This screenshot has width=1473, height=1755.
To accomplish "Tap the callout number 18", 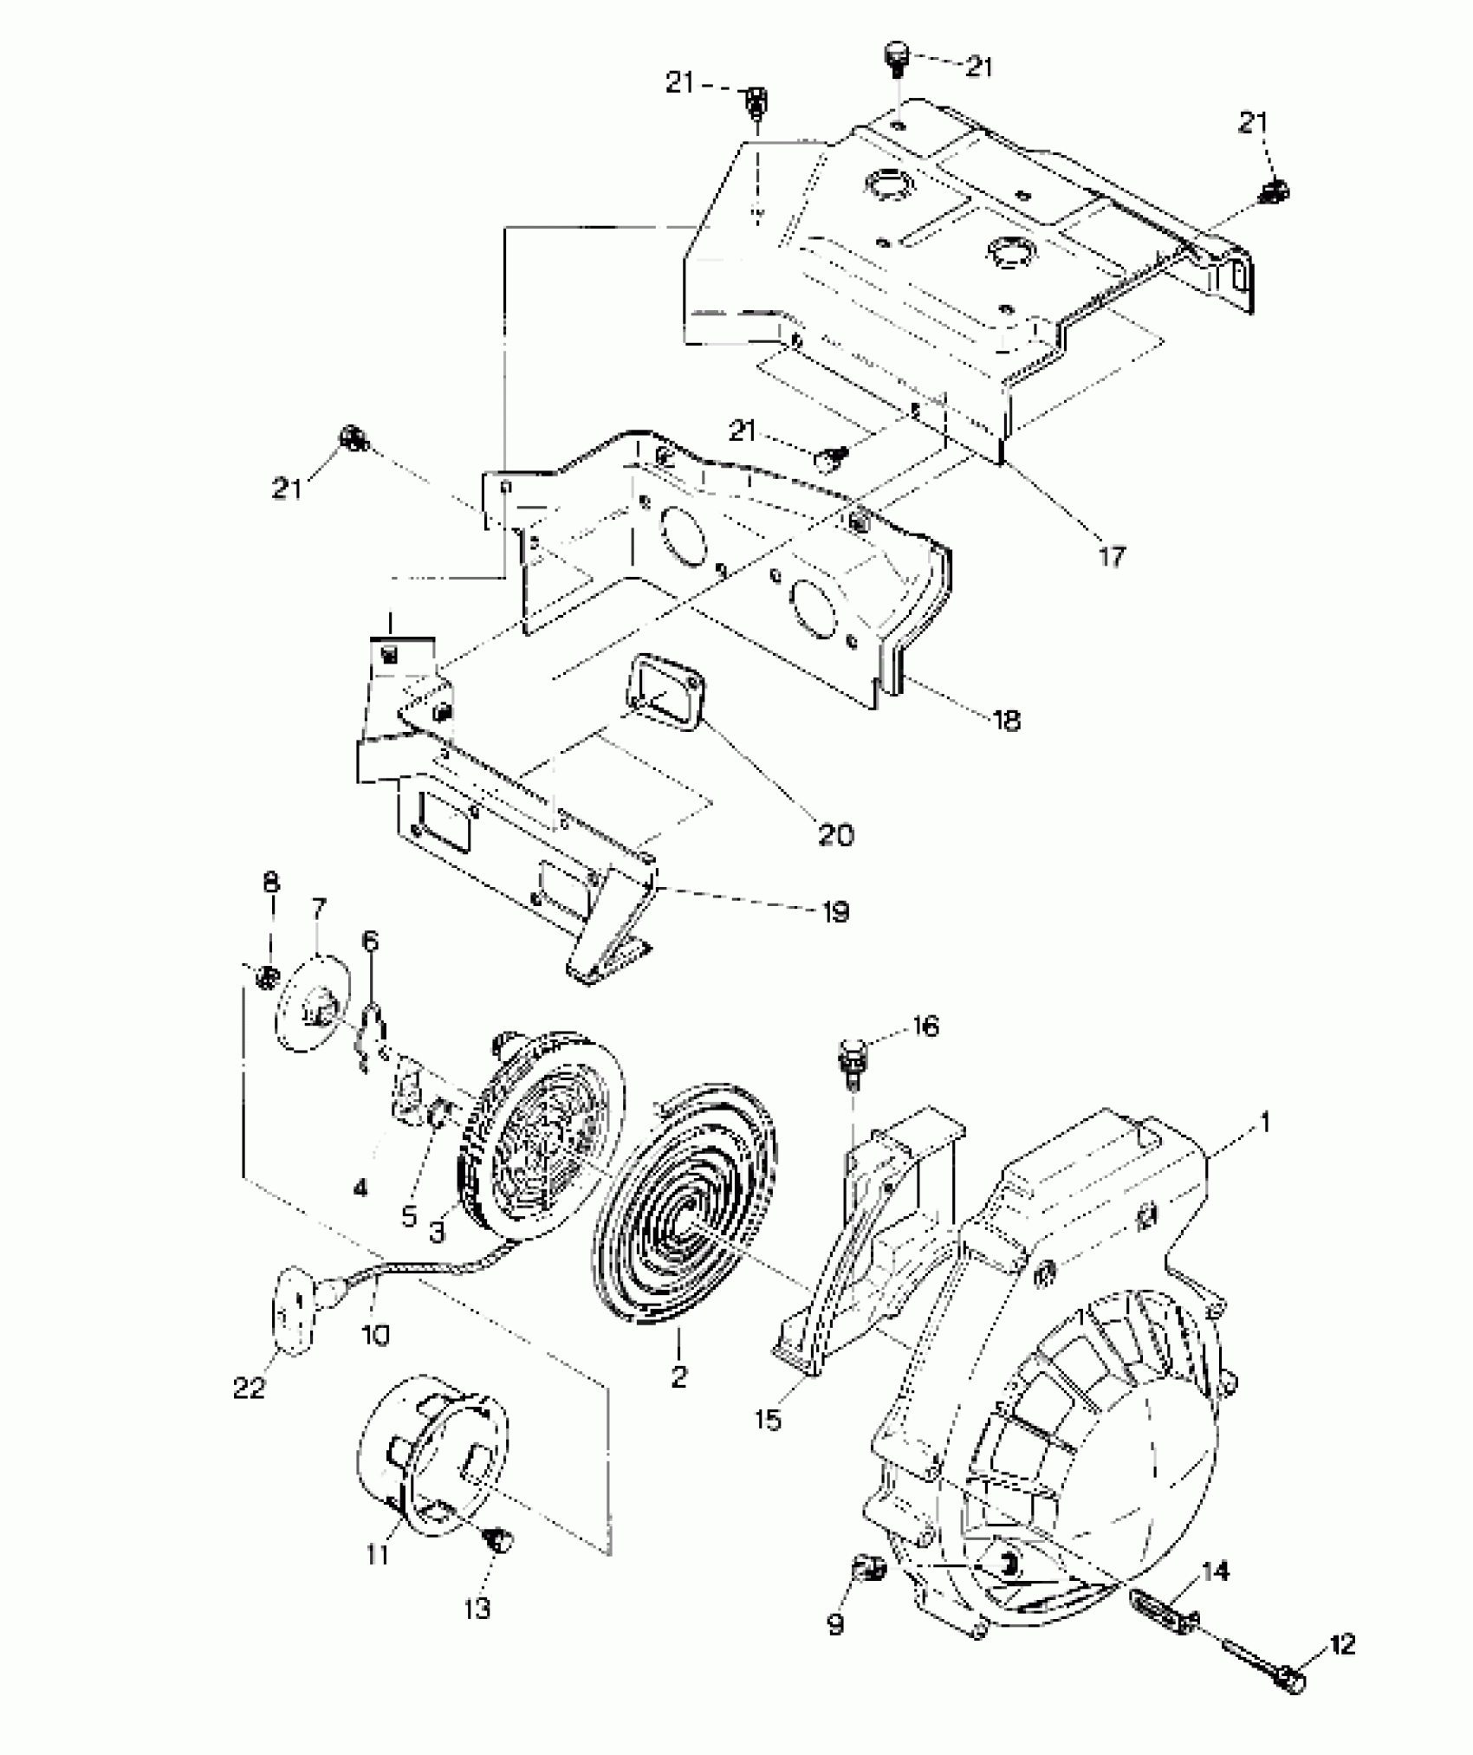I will (x=1006, y=720).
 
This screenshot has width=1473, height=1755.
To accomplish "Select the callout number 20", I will (x=835, y=834).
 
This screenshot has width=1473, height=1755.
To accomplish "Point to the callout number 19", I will (x=835, y=911).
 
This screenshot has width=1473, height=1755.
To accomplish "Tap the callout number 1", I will (x=1264, y=1124).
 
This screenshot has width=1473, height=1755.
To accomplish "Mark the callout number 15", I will (x=768, y=1420).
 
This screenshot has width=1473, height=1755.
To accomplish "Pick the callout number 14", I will (x=1216, y=1570).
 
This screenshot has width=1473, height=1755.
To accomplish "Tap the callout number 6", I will (x=370, y=940).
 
